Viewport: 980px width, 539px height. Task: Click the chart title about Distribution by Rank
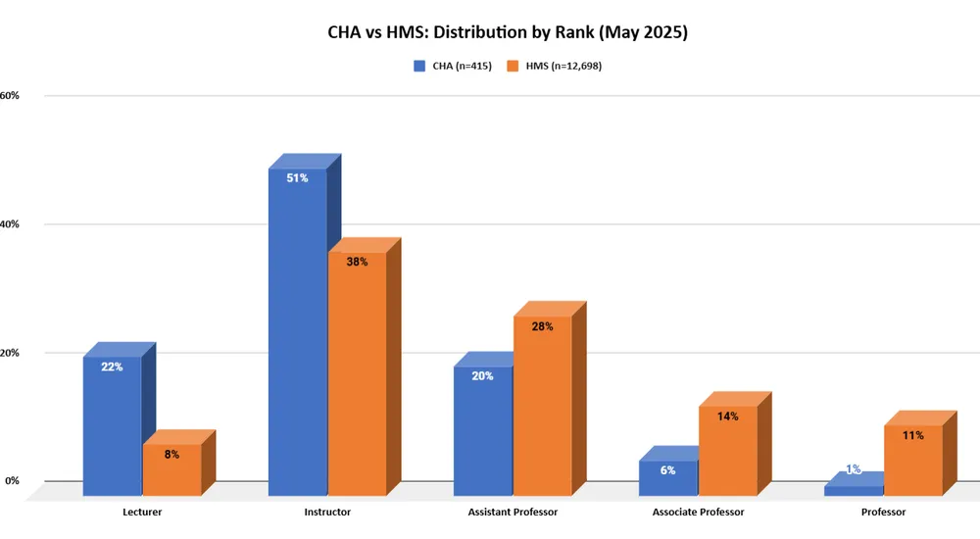[508, 32]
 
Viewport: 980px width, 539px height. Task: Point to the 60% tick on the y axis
[10, 96]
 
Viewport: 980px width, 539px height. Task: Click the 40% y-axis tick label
[10, 224]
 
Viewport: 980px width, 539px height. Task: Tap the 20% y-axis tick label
[10, 353]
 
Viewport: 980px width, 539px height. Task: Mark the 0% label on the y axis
[13, 481]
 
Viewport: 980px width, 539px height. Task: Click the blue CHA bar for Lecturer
[112, 426]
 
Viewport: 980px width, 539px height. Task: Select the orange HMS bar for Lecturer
[171, 470]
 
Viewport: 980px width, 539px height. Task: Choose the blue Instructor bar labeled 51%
[297, 333]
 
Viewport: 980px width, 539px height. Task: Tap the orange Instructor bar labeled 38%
[357, 372]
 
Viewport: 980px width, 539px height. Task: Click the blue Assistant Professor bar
[482, 431]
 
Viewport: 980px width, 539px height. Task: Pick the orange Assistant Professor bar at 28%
[542, 407]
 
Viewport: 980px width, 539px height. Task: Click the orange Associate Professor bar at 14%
[727, 451]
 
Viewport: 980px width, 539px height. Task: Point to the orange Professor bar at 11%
[912, 461]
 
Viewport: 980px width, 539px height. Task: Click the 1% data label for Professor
[853, 469]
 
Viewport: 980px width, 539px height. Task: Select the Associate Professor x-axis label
[698, 513]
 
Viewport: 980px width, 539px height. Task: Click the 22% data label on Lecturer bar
[112, 367]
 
